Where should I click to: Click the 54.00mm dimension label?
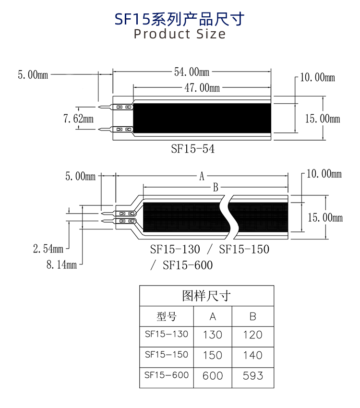pyautogui.click(x=192, y=72)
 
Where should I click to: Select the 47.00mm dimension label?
pyautogui.click(x=202, y=88)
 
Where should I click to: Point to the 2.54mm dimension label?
pyautogui.click(x=48, y=249)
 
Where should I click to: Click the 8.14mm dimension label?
pyautogui.click(x=61, y=264)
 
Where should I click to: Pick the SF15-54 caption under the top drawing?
pyautogui.click(x=192, y=149)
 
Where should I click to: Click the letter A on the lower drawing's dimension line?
pyautogui.click(x=202, y=176)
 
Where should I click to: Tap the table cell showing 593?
pyautogui.click(x=253, y=375)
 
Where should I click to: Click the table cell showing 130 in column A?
pyautogui.click(x=213, y=335)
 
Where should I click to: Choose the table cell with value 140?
pyautogui.click(x=253, y=355)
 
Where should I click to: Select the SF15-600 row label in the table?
pyautogui.click(x=167, y=374)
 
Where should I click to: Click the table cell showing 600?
pyautogui.click(x=213, y=375)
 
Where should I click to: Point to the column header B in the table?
pyautogui.click(x=253, y=317)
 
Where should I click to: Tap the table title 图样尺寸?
pyautogui.click(x=206, y=296)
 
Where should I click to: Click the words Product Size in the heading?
pyautogui.click(x=180, y=34)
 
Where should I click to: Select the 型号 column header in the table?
pyautogui.click(x=167, y=317)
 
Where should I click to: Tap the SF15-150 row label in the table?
pyautogui.click(x=167, y=354)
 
